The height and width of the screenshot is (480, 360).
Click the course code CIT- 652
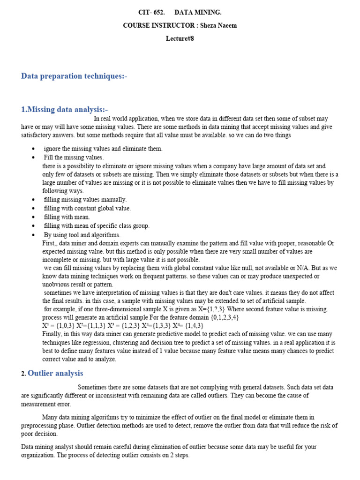pos(150,13)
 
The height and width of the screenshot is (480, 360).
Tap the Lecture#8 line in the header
pos(180,38)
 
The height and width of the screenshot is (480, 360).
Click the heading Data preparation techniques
pos(74,76)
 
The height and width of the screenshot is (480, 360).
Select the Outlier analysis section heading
pos(55,373)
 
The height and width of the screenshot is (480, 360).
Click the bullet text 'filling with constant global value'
pos(87,208)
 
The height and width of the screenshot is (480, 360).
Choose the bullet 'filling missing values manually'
pos(85,200)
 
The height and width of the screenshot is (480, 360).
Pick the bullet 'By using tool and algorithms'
pos(82,235)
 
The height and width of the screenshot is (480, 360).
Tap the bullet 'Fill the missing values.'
pos(74,157)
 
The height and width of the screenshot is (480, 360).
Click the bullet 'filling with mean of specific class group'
pos(97,226)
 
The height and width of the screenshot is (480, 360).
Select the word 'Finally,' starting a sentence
pos(53,334)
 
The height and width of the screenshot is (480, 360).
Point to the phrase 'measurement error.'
pos(46,404)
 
